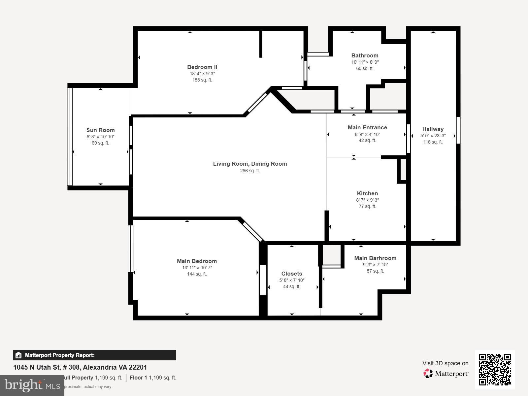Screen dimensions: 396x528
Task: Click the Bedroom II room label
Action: click(202, 67)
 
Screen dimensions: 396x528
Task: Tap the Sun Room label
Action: click(100, 130)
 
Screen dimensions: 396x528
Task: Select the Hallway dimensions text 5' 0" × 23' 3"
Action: click(433, 136)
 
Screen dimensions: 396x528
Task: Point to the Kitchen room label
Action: click(367, 193)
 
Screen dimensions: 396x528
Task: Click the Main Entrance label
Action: click(367, 127)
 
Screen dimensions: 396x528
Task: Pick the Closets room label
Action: click(291, 274)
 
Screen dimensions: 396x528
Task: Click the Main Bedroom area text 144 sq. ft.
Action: click(197, 274)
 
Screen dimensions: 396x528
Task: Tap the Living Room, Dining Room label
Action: click(250, 164)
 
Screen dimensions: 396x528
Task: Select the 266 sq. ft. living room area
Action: click(250, 171)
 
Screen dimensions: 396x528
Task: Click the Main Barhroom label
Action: click(375, 258)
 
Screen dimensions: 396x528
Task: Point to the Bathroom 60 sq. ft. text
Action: click(365, 68)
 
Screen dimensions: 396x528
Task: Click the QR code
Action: click(495, 369)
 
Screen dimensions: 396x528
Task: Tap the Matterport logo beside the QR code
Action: click(446, 374)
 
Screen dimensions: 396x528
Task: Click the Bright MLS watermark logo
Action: click(32, 385)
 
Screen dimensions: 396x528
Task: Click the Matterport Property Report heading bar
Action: click(94, 355)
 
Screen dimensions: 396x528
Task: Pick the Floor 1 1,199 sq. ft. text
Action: click(153, 378)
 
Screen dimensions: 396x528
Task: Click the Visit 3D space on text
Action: click(445, 363)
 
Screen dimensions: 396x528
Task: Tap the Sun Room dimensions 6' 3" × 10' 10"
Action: click(100, 137)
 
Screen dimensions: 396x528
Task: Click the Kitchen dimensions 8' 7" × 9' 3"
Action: click(367, 200)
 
